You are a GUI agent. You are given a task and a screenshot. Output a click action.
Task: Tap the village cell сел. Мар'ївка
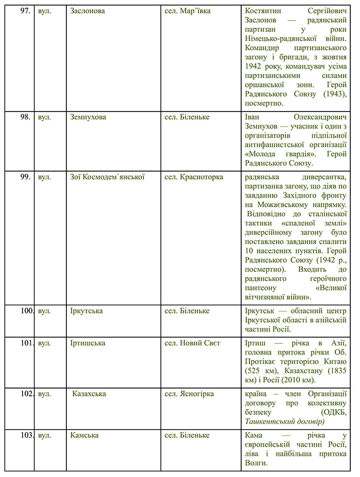click(x=188, y=11)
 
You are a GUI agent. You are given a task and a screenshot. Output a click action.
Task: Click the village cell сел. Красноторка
click(x=193, y=177)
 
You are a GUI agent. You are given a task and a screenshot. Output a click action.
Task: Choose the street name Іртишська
click(x=88, y=343)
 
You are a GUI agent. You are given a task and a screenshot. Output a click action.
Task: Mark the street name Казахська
click(x=89, y=394)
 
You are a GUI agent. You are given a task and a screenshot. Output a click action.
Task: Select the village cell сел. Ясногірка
click(x=189, y=394)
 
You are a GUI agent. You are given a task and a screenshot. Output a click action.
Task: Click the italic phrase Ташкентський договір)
click(x=285, y=421)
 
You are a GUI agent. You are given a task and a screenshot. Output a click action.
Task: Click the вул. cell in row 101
click(x=45, y=343)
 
